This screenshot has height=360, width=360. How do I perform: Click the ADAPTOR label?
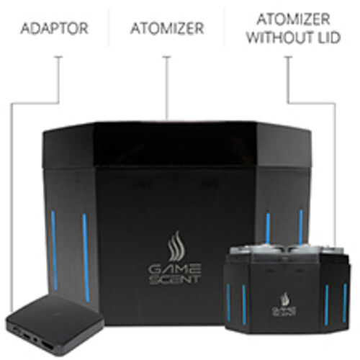[55, 28]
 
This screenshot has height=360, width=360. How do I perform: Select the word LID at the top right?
[328, 37]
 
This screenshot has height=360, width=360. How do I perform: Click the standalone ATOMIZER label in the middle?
[167, 28]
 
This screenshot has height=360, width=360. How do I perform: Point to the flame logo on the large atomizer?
[176, 246]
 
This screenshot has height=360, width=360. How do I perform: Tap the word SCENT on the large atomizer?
[174, 279]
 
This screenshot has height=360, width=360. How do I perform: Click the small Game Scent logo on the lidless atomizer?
[284, 305]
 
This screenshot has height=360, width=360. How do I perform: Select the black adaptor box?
[55, 324]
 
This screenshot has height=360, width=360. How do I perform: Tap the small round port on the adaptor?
[35, 339]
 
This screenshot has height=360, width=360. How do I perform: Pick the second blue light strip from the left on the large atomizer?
[86, 257]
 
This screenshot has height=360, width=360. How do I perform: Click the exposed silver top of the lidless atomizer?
[286, 253]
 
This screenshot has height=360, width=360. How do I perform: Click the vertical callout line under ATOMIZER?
[167, 88]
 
